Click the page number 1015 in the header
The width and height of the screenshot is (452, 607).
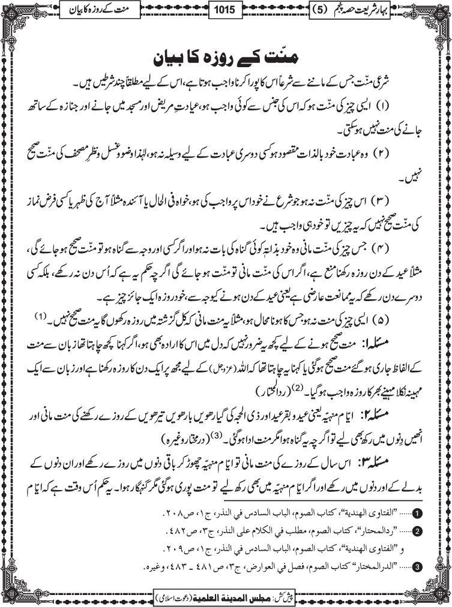[225, 11]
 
